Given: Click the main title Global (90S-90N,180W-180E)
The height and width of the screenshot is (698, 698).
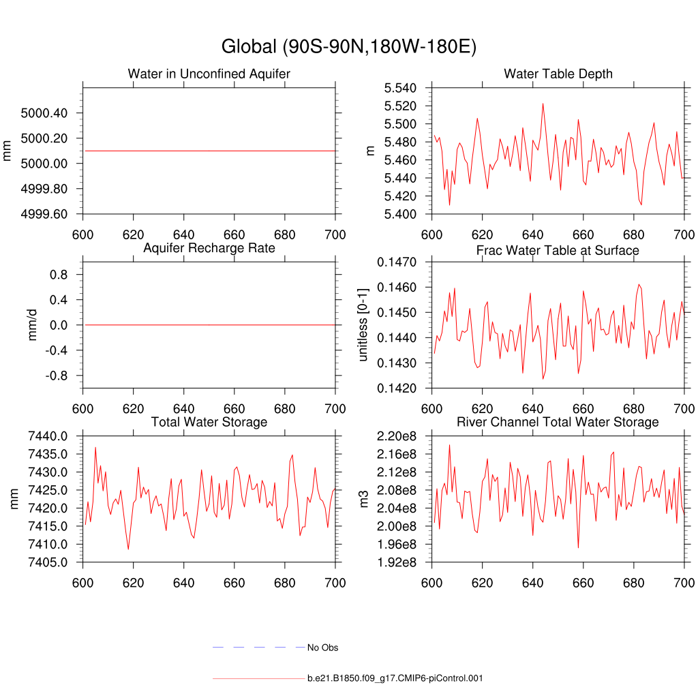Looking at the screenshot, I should coord(348,47).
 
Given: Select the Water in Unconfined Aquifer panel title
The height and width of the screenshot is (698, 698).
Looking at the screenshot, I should coord(209,74).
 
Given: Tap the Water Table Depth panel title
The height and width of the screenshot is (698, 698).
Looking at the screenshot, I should coord(558,74).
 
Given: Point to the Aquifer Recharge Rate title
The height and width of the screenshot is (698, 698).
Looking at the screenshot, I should coord(209,247).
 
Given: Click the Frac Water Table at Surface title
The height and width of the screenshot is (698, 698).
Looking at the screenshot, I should coord(558,250).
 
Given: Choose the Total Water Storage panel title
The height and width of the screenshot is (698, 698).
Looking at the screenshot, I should coord(209,422).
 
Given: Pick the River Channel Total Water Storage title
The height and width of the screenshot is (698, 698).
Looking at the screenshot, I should coord(558,422).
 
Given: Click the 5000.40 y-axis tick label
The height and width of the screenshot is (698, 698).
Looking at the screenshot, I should coord(44,112).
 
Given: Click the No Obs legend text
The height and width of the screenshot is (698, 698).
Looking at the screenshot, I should coord(322,648).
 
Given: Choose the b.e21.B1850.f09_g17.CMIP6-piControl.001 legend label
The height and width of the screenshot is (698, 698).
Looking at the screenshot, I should coord(395,678).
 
